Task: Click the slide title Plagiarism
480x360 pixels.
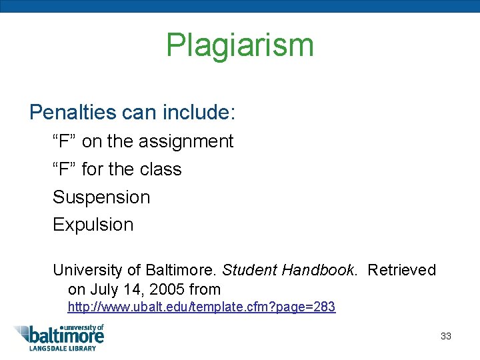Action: tap(239, 45)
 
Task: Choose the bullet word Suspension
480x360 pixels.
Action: tap(101, 197)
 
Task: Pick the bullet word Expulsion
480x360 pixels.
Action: tap(93, 225)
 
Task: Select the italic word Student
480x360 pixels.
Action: tap(249, 270)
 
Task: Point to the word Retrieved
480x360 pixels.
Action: tap(401, 270)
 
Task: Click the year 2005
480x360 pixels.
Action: tap(165, 289)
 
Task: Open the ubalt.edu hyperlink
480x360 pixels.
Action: tap(201, 307)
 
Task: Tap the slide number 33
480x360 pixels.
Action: tap(446, 336)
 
